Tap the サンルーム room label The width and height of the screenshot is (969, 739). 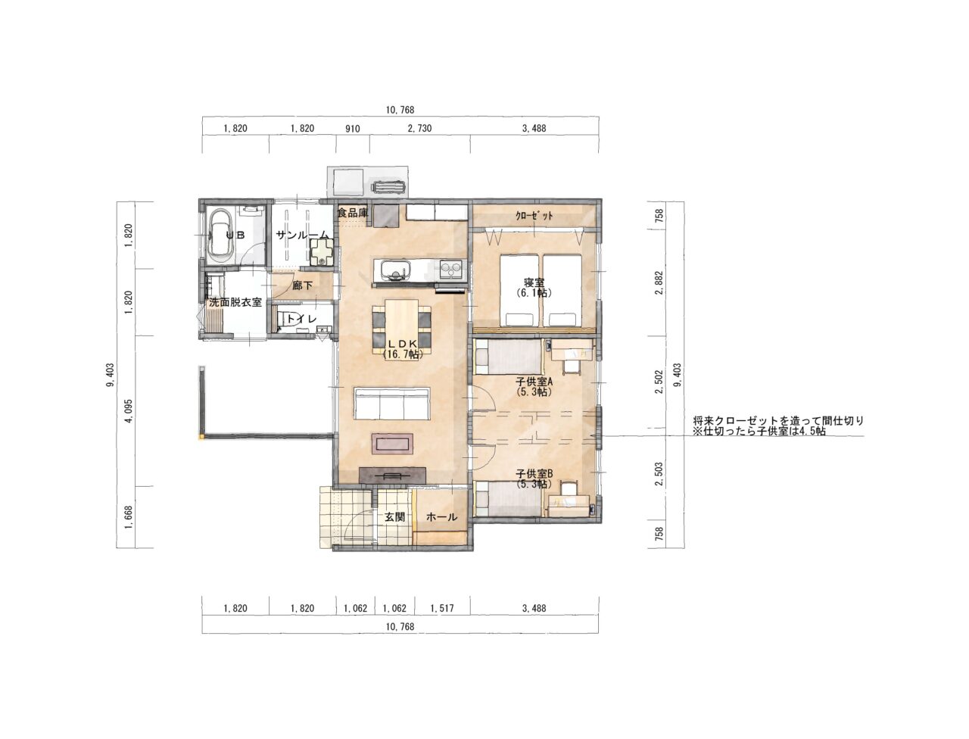[302, 235]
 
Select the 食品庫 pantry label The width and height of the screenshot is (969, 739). [353, 213]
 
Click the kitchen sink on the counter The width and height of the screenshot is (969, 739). [392, 270]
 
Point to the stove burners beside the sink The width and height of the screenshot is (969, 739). [451, 269]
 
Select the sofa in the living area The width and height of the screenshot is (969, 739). [391, 403]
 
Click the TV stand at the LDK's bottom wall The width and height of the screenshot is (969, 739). [392, 475]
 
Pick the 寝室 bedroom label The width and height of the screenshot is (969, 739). [534, 282]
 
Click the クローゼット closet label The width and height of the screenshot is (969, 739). [534, 216]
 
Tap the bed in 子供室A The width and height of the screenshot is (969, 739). [508, 357]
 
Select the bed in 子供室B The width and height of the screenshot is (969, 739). [508, 498]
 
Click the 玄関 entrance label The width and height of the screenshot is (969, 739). [394, 517]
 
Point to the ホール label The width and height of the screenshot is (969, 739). [441, 517]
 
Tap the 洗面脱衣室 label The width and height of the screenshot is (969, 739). [235, 302]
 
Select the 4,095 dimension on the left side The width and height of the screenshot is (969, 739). [129, 411]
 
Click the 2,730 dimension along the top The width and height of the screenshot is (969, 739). [419, 129]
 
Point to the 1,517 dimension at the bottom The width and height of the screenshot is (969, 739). [442, 608]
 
